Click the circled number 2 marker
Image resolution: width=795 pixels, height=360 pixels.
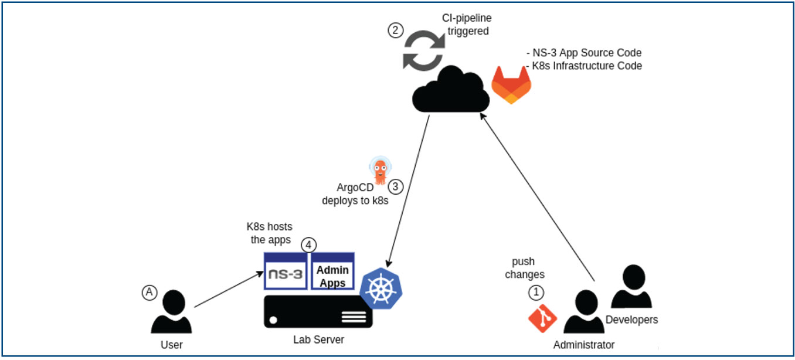(x=396, y=30)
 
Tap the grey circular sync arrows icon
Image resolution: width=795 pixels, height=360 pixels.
(x=423, y=52)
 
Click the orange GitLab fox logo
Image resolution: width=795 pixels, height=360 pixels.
(x=511, y=84)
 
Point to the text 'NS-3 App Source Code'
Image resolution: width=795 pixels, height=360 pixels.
(x=586, y=53)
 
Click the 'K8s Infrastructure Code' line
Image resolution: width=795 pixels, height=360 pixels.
(x=586, y=66)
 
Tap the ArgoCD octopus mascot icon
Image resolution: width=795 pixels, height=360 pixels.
(x=380, y=171)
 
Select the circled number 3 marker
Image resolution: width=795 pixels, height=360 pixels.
(x=396, y=187)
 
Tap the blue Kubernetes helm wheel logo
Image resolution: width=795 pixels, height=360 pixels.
(x=384, y=287)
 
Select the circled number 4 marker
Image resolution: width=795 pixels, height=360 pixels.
(x=309, y=244)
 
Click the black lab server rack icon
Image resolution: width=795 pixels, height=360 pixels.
(x=318, y=311)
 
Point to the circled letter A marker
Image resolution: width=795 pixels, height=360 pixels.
(x=150, y=292)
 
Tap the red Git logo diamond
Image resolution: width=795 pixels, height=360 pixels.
(x=542, y=317)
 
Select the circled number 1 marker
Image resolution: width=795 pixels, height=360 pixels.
(x=536, y=291)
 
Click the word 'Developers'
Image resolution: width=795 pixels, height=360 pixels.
(x=631, y=320)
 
